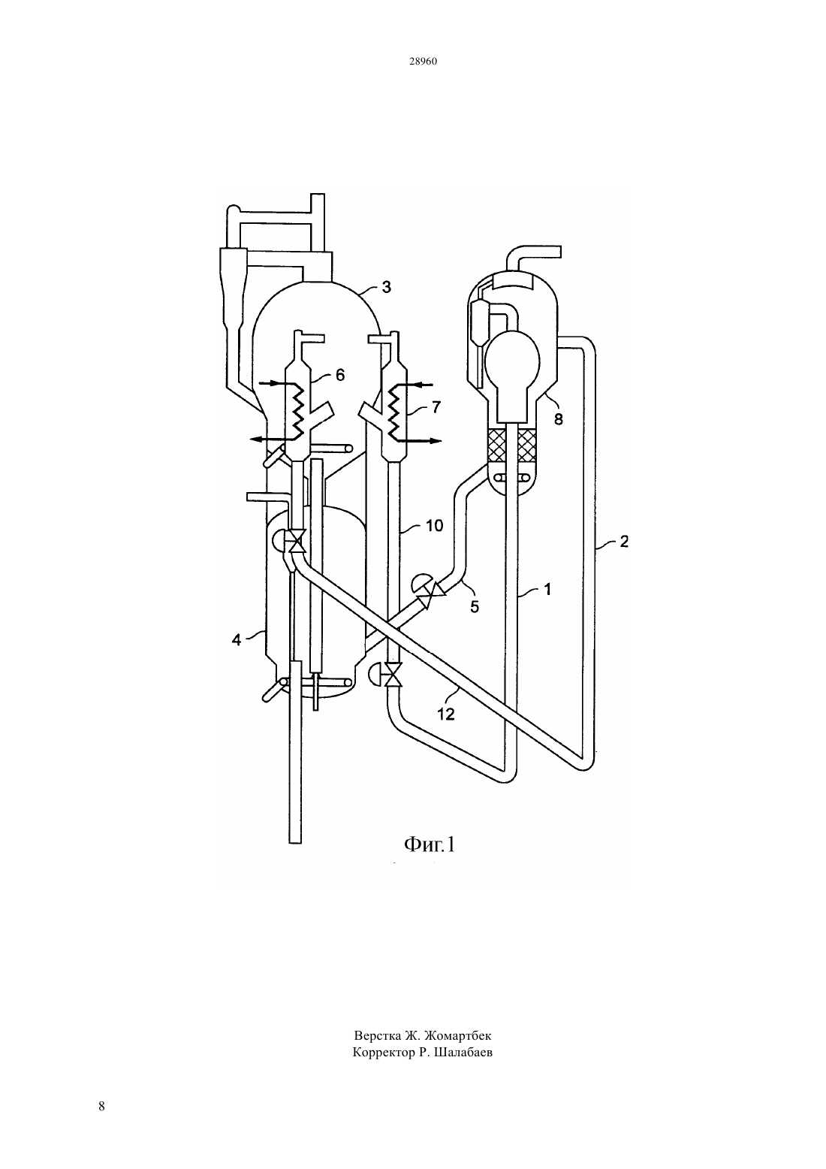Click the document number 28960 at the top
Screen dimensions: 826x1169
point(423,62)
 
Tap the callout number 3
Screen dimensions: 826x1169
point(386,287)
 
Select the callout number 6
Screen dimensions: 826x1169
point(340,375)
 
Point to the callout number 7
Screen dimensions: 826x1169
point(436,406)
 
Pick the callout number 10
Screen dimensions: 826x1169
point(434,526)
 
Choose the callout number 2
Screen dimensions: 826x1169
point(624,541)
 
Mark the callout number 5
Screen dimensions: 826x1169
point(474,607)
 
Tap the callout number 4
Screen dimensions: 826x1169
point(237,639)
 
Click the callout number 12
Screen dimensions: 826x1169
point(446,714)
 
